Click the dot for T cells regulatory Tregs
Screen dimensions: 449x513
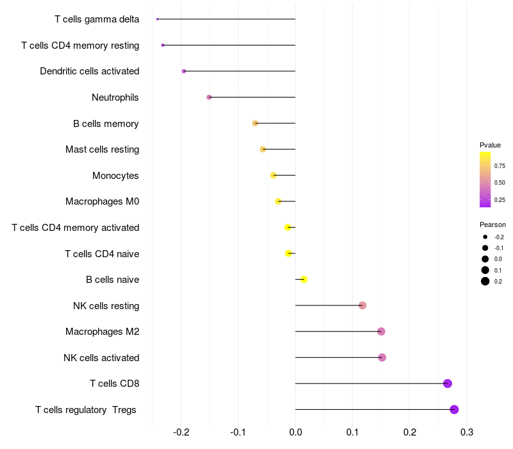pos(454,410)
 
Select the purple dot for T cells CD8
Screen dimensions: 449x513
pos(448,384)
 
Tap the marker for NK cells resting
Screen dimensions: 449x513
pos(362,305)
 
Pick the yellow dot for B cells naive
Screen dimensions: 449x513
pos(304,279)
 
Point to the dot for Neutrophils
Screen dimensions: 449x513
pos(209,97)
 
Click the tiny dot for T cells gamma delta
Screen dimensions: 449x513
pos(157,19)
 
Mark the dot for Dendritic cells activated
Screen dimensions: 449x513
pos(184,71)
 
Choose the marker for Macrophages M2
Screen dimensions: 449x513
pos(382,332)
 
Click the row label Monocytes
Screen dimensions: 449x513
pos(115,176)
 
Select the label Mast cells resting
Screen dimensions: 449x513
pos(102,149)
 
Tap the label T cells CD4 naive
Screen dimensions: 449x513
pos(102,254)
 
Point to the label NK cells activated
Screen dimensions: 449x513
pos(101,357)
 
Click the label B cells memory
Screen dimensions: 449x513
pos(106,124)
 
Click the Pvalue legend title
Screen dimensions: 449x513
pos(490,145)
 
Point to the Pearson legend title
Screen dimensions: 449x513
pos(492,224)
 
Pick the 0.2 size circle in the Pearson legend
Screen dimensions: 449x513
pos(485,281)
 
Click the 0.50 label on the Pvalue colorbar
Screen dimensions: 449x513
pos(500,182)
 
